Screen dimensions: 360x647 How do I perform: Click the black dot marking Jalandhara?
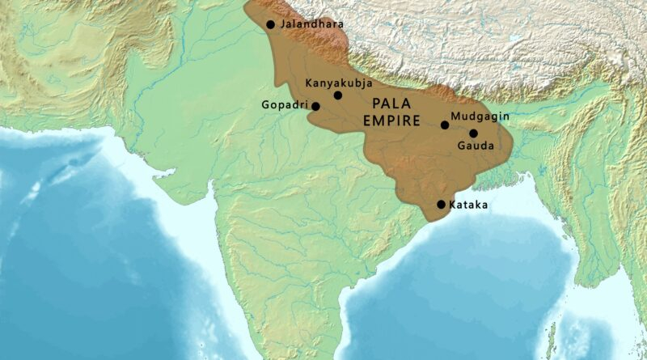click(x=270, y=24)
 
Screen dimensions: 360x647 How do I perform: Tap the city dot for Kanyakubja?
click(x=338, y=95)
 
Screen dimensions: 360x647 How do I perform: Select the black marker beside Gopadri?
click(x=315, y=106)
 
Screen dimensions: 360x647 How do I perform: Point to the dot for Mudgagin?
click(x=445, y=125)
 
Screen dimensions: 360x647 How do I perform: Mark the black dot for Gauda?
click(x=473, y=133)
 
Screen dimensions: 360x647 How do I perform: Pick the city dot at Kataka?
click(x=441, y=205)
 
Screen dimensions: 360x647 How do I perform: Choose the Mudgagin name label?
click(x=480, y=116)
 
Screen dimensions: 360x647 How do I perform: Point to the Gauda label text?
click(x=474, y=146)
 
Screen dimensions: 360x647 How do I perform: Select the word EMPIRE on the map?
click(x=392, y=121)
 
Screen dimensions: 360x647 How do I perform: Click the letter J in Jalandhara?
click(x=282, y=24)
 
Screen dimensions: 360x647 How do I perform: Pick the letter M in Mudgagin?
click(x=455, y=116)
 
